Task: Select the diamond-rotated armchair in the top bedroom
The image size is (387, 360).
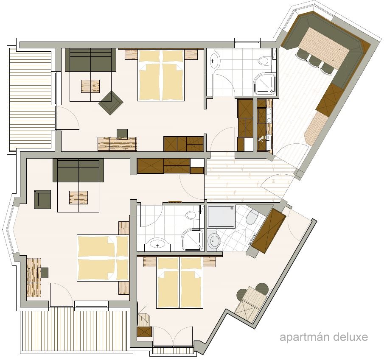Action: [111, 103]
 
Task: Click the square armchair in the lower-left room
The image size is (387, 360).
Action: [42, 199]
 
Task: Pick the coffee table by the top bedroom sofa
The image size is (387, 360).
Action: [90, 87]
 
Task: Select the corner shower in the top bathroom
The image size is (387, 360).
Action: [264, 84]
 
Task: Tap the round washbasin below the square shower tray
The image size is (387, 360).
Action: [214, 241]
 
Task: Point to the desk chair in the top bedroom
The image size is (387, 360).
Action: [122, 134]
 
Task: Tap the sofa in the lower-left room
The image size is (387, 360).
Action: [78, 170]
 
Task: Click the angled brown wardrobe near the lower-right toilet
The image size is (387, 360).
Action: [268, 231]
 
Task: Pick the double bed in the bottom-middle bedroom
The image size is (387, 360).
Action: [180, 282]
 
